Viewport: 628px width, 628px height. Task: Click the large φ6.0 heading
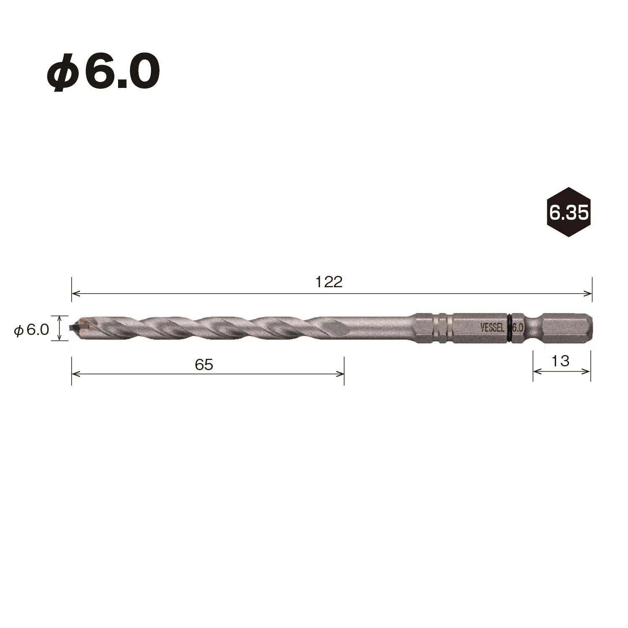point(103,72)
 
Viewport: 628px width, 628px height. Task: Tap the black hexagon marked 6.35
point(569,212)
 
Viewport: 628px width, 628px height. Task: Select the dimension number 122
point(329,282)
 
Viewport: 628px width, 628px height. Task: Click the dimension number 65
point(204,365)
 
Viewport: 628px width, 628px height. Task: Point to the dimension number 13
point(560,360)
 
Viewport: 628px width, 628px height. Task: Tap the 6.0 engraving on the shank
point(517,327)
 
